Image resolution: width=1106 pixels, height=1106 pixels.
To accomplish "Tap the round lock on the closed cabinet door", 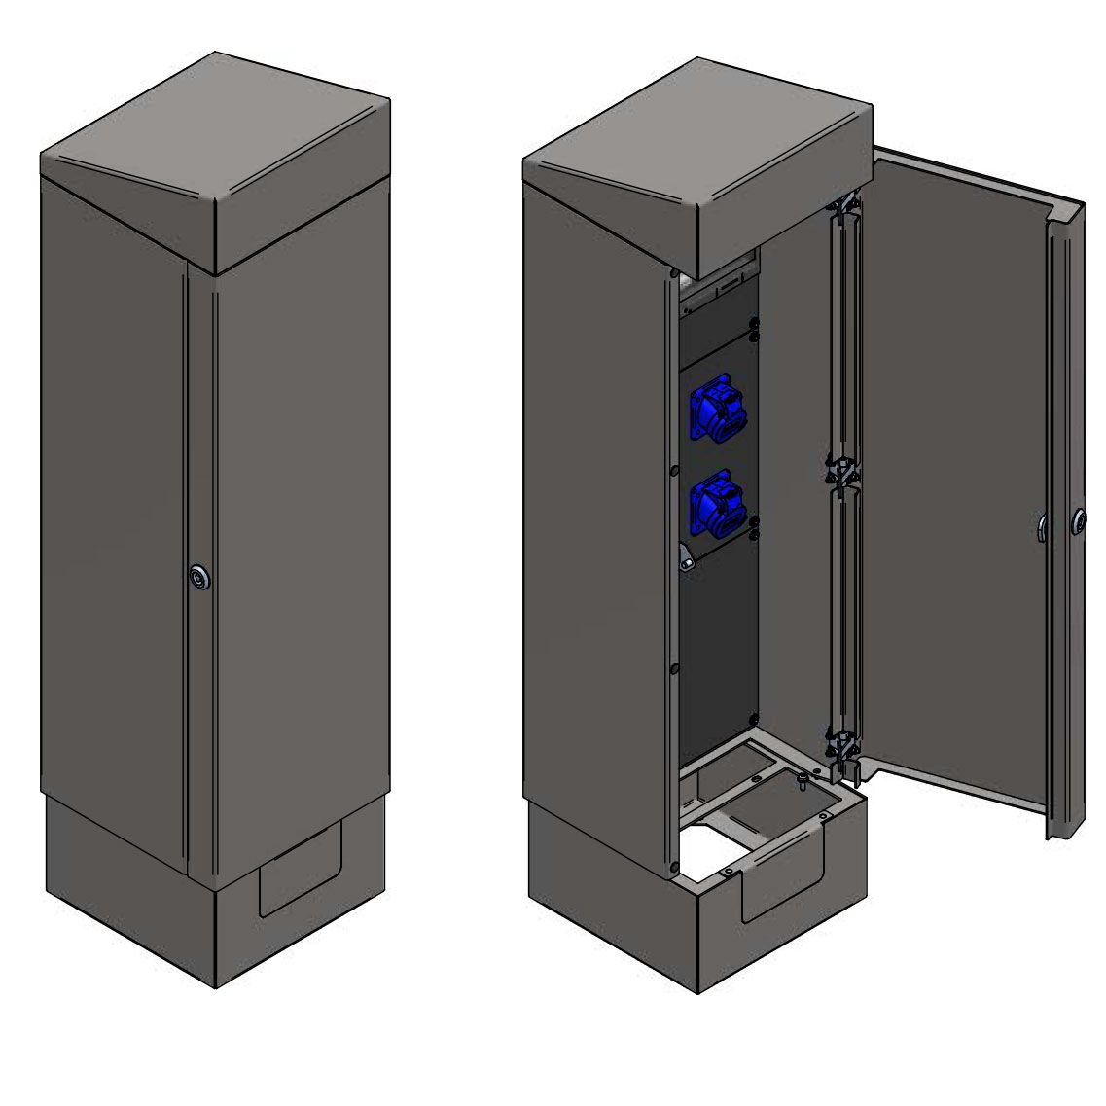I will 199,578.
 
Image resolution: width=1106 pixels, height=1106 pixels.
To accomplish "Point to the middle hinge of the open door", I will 838,471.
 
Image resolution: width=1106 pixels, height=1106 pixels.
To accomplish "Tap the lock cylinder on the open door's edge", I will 1079,521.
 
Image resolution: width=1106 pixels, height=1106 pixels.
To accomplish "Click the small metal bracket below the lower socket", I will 686,560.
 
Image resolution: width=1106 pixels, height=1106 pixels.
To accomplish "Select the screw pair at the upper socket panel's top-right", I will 755,331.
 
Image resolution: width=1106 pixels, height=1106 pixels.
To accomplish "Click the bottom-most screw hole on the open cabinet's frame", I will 673,866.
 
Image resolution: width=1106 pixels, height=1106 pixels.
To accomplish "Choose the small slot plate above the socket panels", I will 729,289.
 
